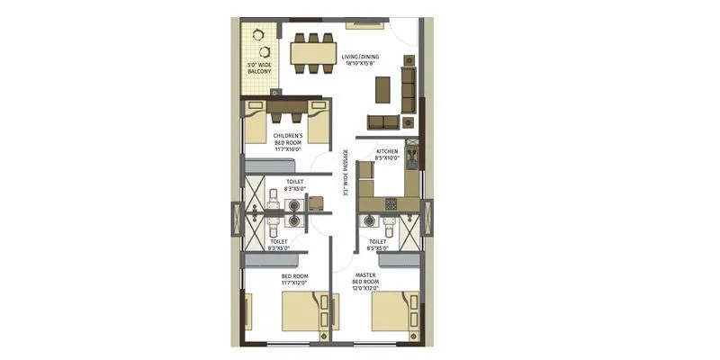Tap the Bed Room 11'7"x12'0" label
(294, 280)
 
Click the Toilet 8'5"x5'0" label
(378, 245)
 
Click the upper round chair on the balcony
(260, 35)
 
